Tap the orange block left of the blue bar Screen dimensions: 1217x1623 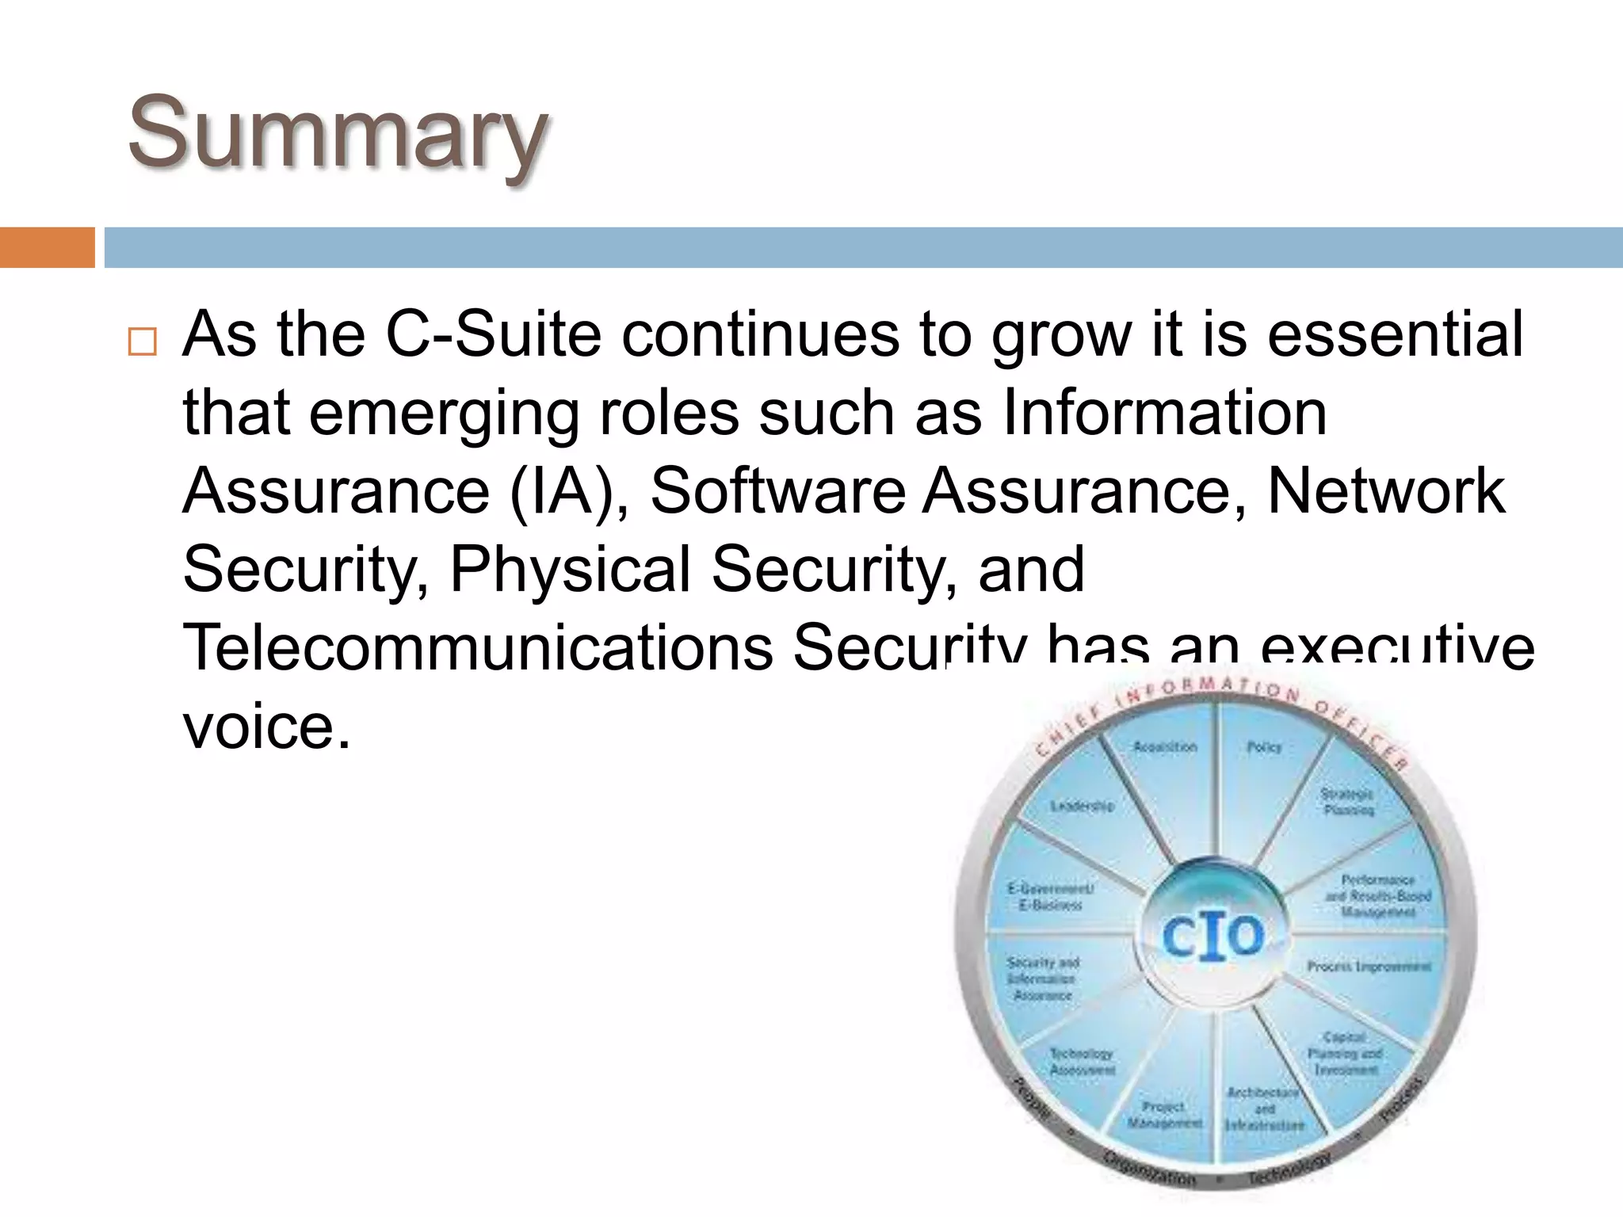tap(47, 247)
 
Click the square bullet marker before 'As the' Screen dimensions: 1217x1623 tap(143, 341)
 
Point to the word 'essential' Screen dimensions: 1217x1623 tap(1395, 334)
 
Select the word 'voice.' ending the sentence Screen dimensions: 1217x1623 tap(266, 727)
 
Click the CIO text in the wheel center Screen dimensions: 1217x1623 tap(1212, 937)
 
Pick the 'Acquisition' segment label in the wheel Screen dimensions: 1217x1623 tap(1164, 747)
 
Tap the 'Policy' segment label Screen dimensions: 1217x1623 tap(1264, 747)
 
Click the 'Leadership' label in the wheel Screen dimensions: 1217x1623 tap(1082, 806)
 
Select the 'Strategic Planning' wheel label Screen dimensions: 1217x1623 tap(1348, 802)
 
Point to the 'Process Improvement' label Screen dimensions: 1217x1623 tap(1369, 967)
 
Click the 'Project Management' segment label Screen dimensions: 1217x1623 tap(1164, 1115)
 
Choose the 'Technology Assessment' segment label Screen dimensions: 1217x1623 tap(1082, 1062)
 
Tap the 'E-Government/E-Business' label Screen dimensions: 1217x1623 tap(1050, 897)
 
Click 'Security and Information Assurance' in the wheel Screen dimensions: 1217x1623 tap(1042, 979)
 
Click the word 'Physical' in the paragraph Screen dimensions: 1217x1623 tap(571, 570)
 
